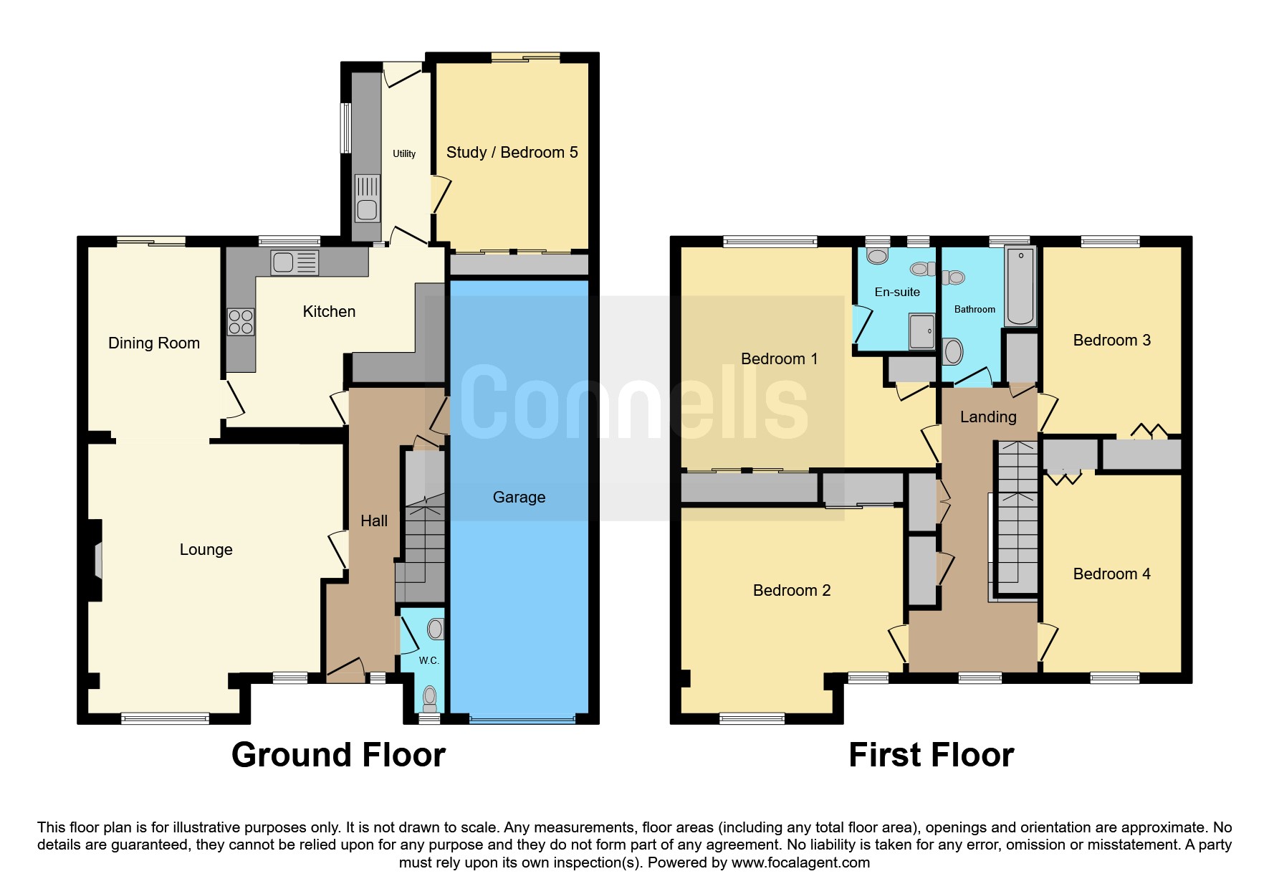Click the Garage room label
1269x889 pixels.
[x=519, y=498]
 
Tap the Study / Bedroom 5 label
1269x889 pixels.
[x=512, y=152]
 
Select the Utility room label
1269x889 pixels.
[x=404, y=154]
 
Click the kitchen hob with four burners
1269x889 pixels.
[x=241, y=320]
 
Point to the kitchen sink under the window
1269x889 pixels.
[x=294, y=263]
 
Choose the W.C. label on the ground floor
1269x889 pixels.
[x=428, y=660]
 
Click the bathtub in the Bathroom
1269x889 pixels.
[x=1020, y=286]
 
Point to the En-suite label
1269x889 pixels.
[x=897, y=292]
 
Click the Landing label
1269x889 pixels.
[x=988, y=417]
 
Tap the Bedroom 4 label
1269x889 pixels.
[x=1111, y=574]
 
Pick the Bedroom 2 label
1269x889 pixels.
[x=792, y=591]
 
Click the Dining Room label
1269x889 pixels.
[x=154, y=343]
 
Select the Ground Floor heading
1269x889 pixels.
[x=338, y=755]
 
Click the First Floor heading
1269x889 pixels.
[x=931, y=755]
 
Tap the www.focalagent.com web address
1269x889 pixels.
[x=801, y=862]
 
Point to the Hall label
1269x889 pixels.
[x=374, y=521]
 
